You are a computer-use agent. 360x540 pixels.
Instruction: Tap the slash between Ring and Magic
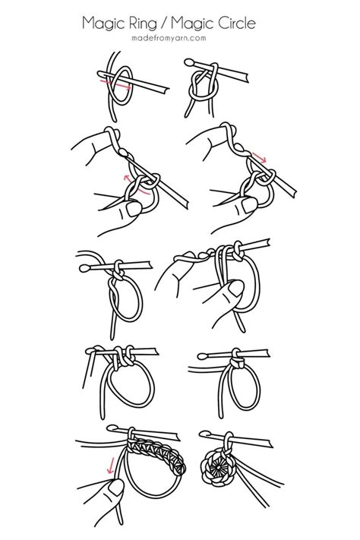click(x=166, y=24)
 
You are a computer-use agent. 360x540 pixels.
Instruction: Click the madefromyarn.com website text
click(x=179, y=39)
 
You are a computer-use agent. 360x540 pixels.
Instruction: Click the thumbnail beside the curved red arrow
click(x=136, y=207)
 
